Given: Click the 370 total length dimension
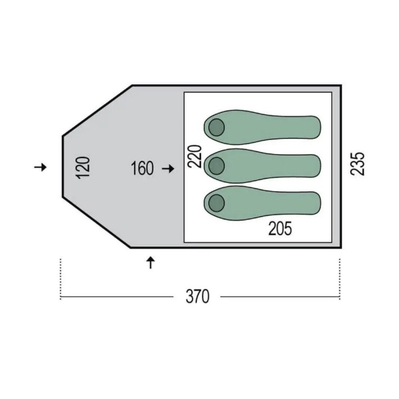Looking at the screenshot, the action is click(x=198, y=296).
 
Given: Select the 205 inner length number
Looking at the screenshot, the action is click(x=280, y=229).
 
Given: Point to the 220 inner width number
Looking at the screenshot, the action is click(x=195, y=156).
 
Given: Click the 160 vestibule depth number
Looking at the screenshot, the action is click(x=142, y=168).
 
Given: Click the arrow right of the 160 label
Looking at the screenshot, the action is click(x=168, y=168).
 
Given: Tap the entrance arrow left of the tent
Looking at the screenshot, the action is click(x=40, y=167).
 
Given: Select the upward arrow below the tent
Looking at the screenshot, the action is click(x=151, y=263).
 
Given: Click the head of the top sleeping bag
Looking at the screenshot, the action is click(x=216, y=127).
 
